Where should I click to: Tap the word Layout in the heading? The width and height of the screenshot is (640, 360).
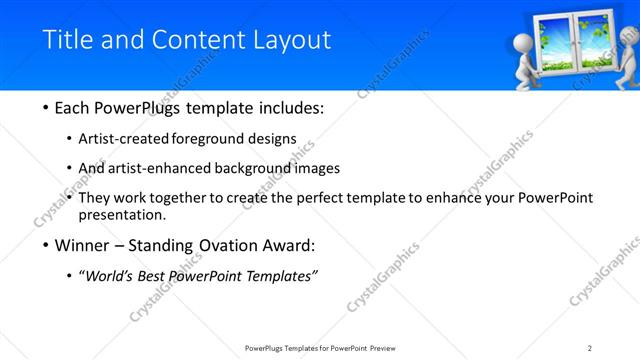click(x=291, y=40)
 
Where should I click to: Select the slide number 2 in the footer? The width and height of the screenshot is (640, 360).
click(x=590, y=348)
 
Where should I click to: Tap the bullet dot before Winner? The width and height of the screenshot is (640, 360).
click(x=47, y=245)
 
